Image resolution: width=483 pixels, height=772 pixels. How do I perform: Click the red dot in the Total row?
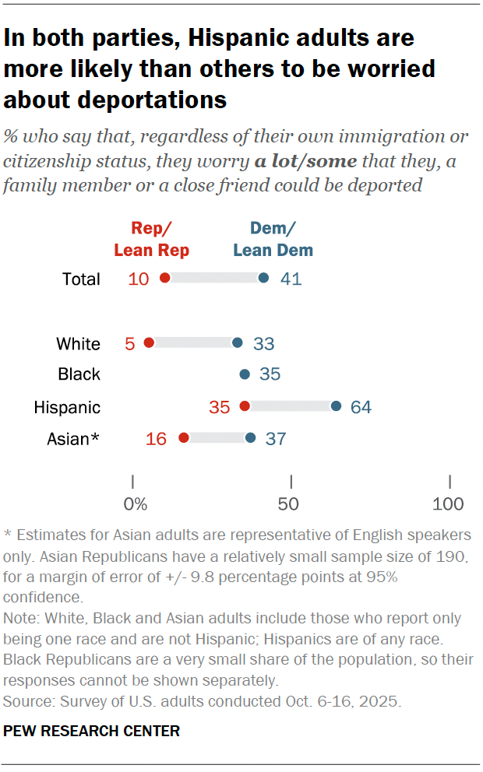pos(164,279)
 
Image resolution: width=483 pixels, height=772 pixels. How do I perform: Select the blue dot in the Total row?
pos(263,279)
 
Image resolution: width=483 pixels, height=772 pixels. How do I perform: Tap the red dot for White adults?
pos(149,342)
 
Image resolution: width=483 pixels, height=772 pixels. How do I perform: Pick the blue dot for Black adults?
pos(245,374)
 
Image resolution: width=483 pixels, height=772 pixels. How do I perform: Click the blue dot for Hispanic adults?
pos(336,406)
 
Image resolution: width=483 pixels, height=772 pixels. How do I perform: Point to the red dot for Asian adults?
pos(184,438)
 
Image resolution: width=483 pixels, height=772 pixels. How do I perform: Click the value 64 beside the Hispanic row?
pos(361,407)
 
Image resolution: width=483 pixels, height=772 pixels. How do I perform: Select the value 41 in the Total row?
pos(290,279)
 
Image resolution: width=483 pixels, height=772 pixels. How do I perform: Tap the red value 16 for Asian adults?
pos(156,439)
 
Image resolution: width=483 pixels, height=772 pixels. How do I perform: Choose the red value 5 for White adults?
pos(130,343)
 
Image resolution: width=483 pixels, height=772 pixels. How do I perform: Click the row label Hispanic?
pos(67,407)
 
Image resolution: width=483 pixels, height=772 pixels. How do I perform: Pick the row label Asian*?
pos(73,439)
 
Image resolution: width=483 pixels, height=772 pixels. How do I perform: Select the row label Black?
pos(79,374)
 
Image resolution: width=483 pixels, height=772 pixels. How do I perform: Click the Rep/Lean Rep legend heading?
pos(151,239)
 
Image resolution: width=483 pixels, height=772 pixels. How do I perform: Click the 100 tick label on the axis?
pos(448,504)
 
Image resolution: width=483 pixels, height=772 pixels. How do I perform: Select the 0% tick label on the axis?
pos(136,504)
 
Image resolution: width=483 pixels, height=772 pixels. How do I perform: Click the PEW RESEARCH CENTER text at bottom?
pos(92,731)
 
